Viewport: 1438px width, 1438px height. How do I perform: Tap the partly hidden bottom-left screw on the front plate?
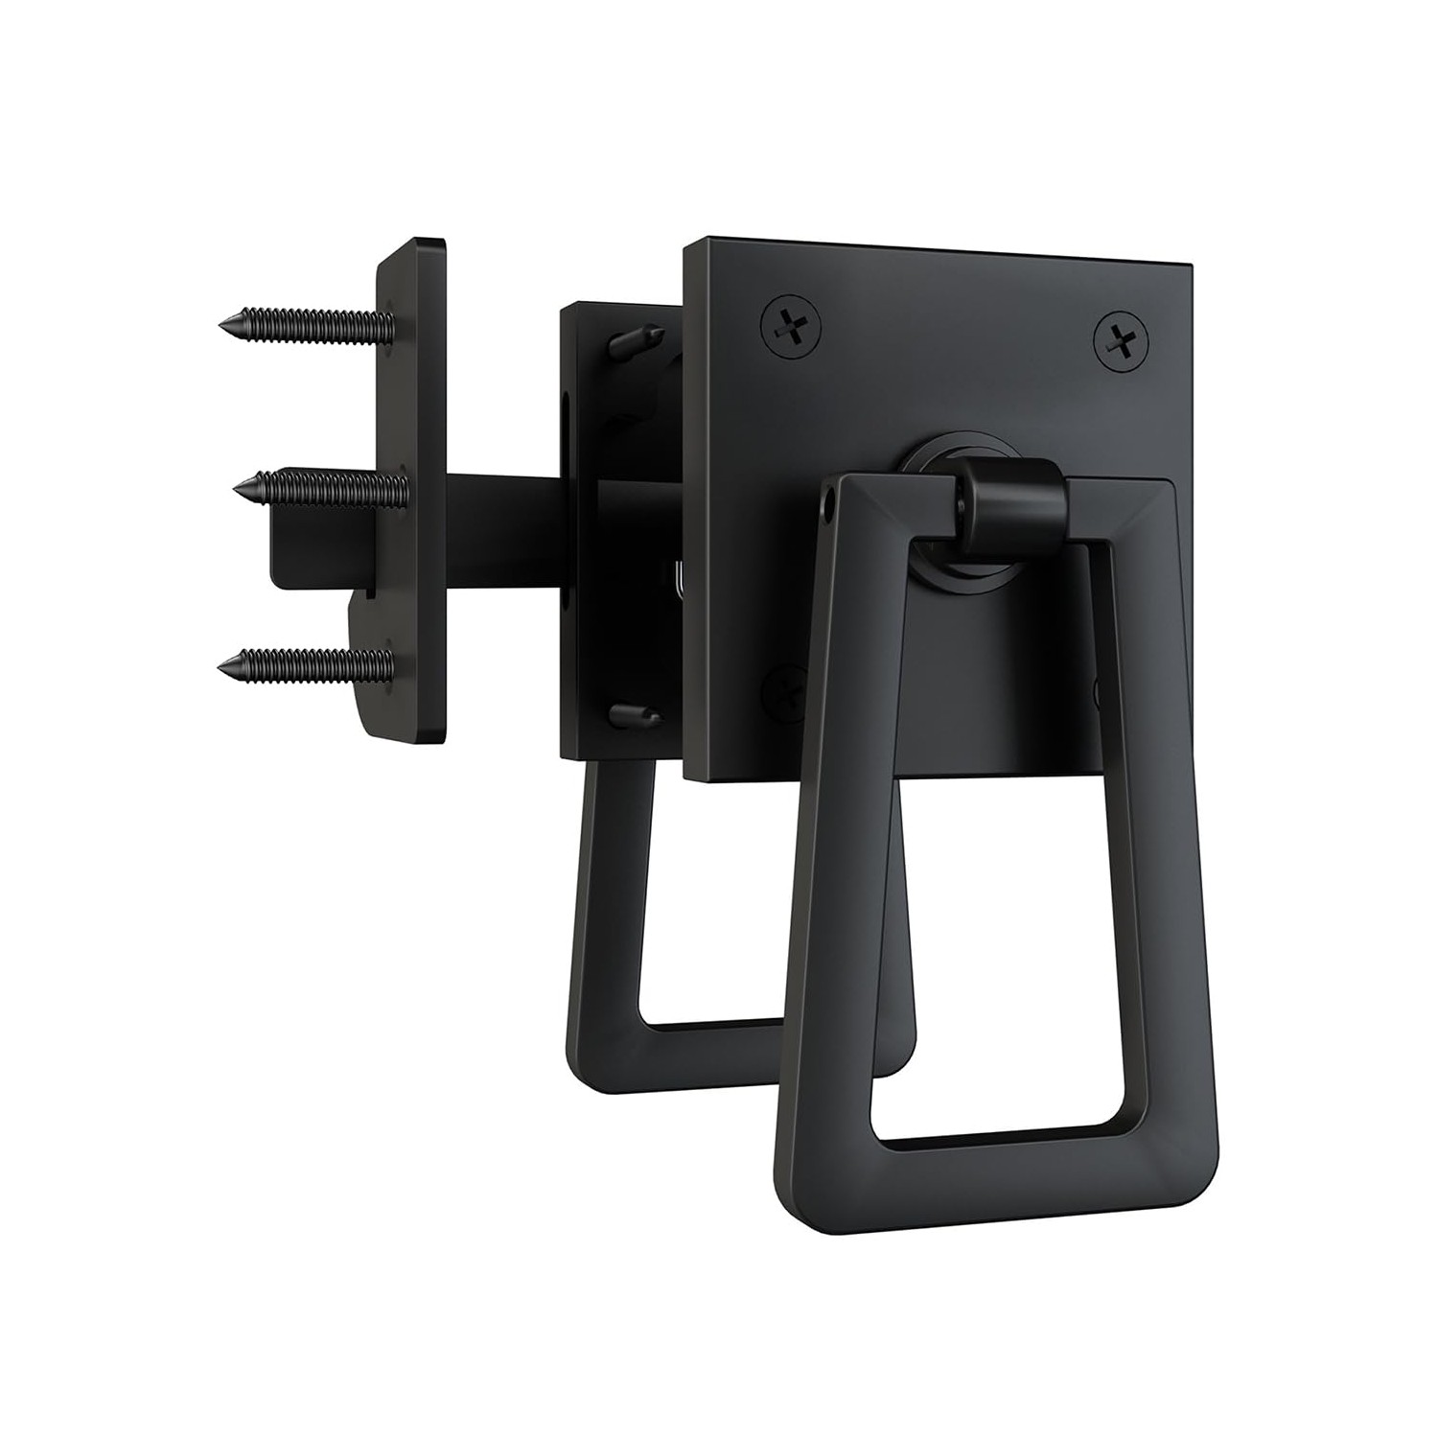[x=781, y=686]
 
